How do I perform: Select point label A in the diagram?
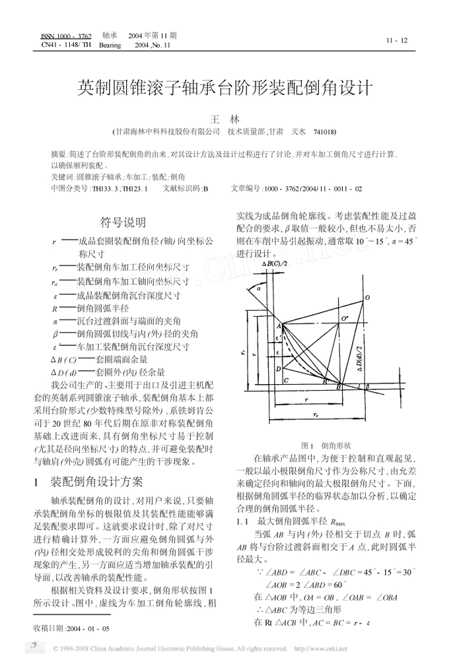[279, 325]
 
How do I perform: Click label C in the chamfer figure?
[285, 382]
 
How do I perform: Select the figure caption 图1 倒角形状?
[326, 446]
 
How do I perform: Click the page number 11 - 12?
[397, 41]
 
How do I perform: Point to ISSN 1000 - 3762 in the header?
[66, 35]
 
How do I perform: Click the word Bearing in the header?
[110, 46]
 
